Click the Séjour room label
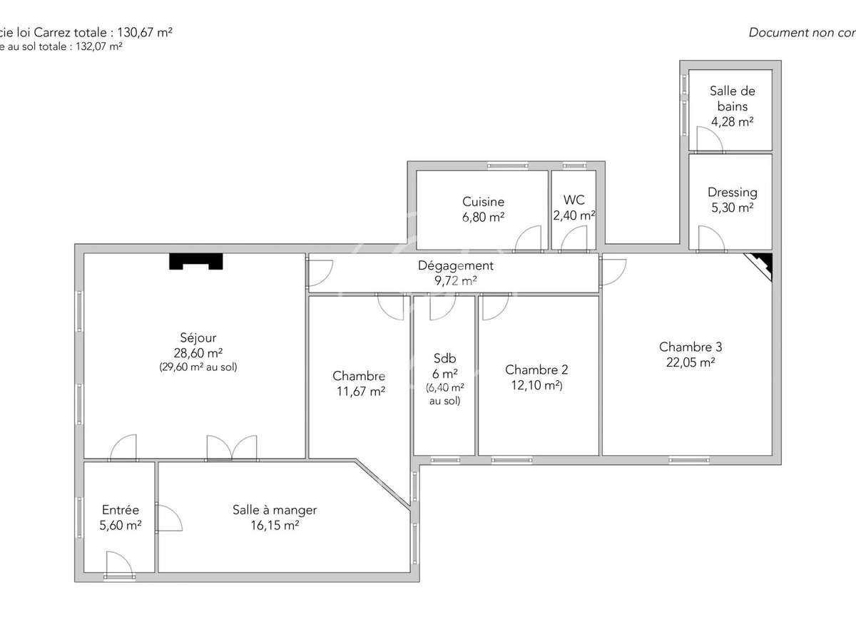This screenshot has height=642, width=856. [198, 338]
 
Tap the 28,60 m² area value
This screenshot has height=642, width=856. [198, 353]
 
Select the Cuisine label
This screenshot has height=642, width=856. [483, 202]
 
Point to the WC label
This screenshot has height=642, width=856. [574, 200]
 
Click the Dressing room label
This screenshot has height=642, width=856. [732, 193]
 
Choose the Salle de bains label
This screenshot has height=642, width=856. [732, 98]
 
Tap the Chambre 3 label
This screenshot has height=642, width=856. [690, 347]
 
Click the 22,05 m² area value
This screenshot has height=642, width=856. [690, 362]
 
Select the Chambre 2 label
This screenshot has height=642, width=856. [536, 370]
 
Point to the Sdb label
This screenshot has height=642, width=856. [444, 359]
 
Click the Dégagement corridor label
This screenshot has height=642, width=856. [455, 265]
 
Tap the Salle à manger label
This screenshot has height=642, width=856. [275, 510]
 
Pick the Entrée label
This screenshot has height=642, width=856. [121, 510]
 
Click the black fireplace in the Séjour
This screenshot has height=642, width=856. [196, 262]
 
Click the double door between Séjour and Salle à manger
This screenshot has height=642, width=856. [231, 448]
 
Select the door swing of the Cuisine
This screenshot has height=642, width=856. [529, 240]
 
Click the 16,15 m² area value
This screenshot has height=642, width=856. [275, 526]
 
